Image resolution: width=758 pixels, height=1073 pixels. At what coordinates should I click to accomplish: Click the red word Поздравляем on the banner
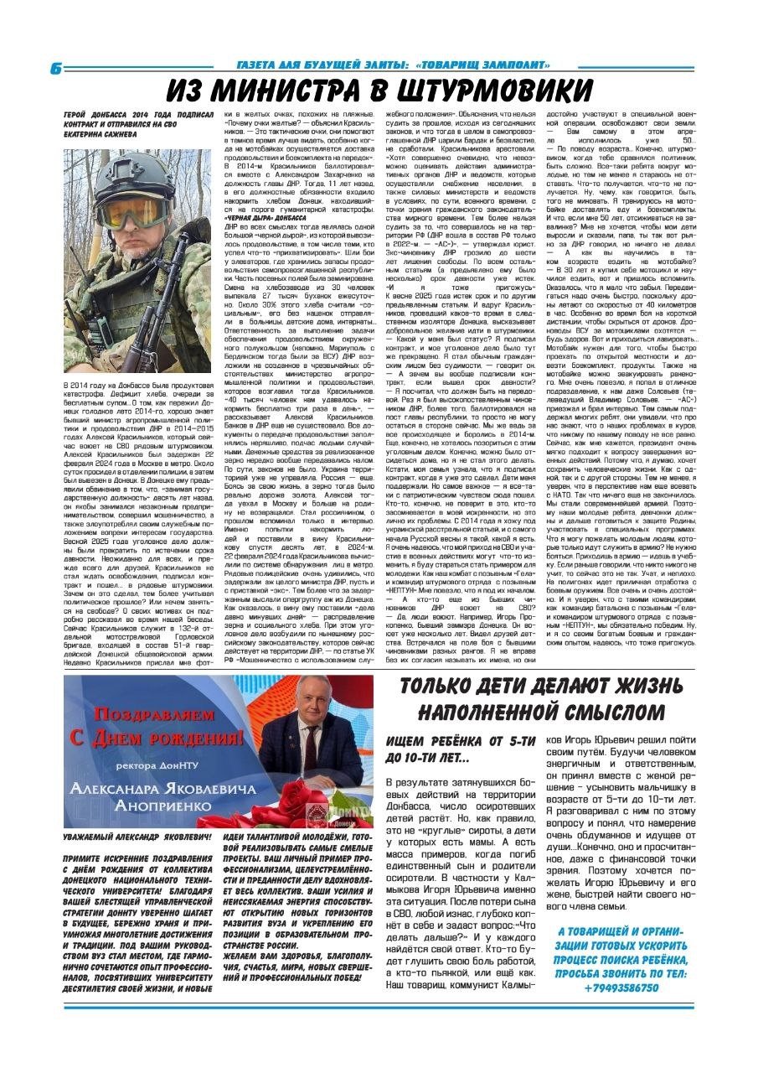coord(168,715)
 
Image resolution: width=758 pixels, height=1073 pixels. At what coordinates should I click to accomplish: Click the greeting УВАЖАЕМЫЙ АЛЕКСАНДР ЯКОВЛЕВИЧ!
coord(137,837)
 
